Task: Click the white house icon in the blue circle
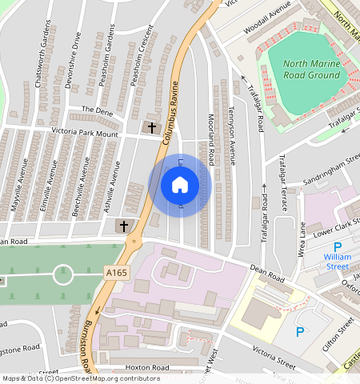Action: coord(180,186)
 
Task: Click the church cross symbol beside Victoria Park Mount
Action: coord(152,127)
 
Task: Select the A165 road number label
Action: coord(117,274)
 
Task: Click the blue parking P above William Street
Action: coord(337,247)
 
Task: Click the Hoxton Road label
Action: coord(147,368)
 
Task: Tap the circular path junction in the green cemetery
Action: coord(63,275)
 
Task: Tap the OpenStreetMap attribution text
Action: coord(80,378)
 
